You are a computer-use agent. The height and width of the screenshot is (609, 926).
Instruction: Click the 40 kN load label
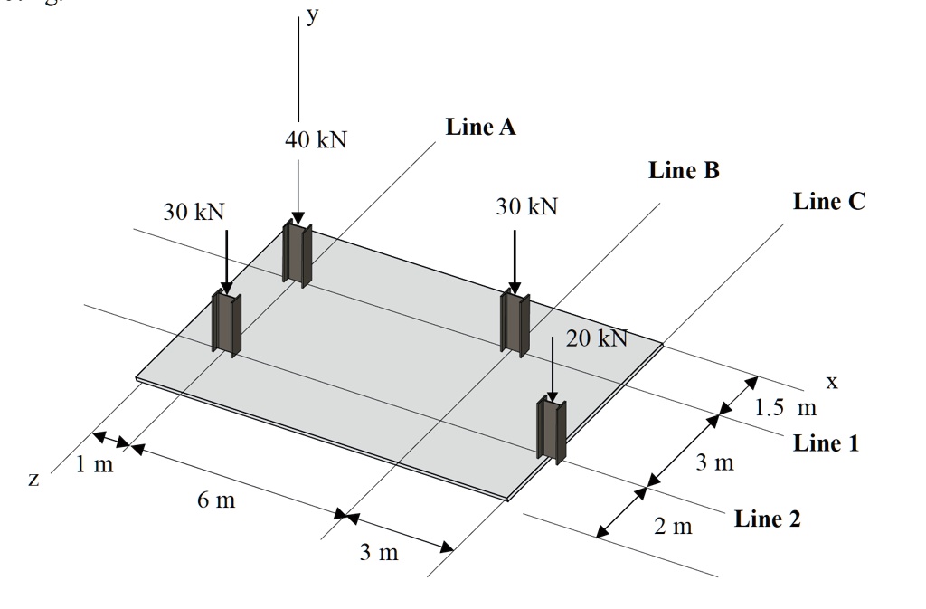(x=316, y=140)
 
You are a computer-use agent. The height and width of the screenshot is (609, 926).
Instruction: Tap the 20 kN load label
(x=597, y=338)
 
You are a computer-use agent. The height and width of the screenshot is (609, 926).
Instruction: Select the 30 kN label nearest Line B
(x=527, y=207)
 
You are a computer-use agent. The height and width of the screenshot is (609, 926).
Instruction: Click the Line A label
(x=481, y=128)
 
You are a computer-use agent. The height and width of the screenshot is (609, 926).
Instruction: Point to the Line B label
(x=684, y=170)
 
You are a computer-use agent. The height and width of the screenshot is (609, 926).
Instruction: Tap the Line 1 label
(x=827, y=443)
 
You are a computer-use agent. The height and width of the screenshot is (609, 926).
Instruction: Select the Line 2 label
(x=767, y=519)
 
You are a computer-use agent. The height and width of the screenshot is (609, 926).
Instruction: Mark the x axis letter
(x=832, y=383)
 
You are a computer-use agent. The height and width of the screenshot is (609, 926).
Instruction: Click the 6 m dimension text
(x=216, y=500)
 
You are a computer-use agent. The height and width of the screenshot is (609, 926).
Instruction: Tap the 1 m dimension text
(x=94, y=466)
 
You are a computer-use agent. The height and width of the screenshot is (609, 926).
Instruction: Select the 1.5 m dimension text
(x=786, y=407)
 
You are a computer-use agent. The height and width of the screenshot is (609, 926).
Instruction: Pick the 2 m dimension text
(x=673, y=526)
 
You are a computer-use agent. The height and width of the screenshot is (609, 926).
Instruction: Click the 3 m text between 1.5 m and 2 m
(x=715, y=463)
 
